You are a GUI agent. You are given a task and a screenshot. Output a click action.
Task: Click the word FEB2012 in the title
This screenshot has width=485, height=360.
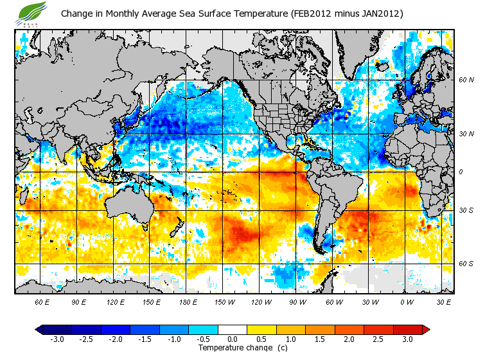click(314, 14)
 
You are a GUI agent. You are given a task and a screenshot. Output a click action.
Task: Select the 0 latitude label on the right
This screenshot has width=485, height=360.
click(461, 172)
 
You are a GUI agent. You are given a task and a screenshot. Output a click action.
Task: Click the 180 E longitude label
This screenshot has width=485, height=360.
click(188, 301)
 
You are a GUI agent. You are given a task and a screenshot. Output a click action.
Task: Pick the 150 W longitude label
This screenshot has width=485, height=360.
click(224, 301)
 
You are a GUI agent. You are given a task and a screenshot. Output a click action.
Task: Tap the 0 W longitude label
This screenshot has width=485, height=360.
click(407, 301)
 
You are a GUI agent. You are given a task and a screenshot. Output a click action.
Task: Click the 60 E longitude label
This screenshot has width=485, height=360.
click(42, 301)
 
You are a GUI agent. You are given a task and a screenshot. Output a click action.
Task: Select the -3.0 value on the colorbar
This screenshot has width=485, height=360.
click(57, 339)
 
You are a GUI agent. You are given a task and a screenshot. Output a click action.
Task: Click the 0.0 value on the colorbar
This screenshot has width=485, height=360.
click(233, 339)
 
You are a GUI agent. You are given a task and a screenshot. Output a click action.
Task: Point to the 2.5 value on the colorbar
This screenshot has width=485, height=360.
click(378, 339)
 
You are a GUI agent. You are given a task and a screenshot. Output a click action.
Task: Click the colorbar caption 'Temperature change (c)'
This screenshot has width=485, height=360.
click(233, 348)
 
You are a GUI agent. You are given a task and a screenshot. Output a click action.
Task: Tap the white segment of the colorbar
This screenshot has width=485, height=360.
click(233, 330)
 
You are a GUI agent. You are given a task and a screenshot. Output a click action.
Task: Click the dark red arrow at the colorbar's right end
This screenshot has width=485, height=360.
click(426, 330)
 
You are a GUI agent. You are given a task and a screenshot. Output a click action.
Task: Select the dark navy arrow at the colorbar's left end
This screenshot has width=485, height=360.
click(39, 330)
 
